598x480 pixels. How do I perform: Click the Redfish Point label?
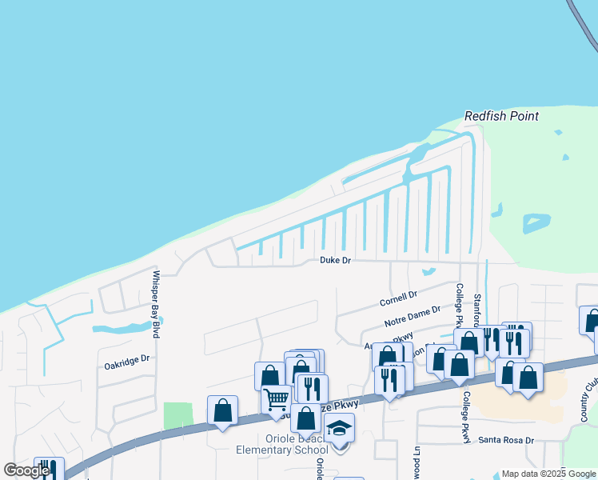(501, 116)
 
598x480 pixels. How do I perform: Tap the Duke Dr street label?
(335, 260)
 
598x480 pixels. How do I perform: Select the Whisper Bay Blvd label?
(156, 304)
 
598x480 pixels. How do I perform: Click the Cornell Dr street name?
(399, 300)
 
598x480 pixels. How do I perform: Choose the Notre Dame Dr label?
(413, 316)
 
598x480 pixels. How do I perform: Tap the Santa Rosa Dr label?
(506, 441)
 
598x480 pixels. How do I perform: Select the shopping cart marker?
(276, 398)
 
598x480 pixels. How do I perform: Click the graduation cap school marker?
(339, 430)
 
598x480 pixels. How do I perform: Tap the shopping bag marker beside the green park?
(222, 410)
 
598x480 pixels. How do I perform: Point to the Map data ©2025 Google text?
(548, 474)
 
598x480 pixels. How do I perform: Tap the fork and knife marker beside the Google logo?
(50, 469)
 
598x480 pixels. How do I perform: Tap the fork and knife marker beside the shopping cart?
(312, 389)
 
